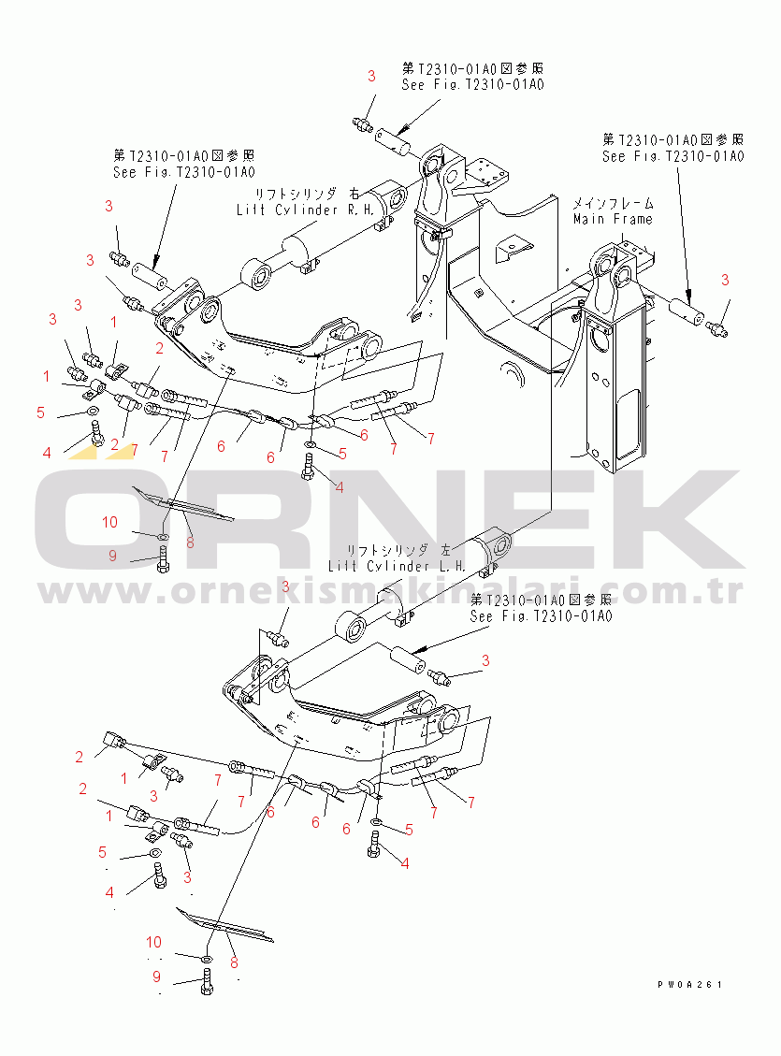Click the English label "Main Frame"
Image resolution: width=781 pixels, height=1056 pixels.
click(x=613, y=219)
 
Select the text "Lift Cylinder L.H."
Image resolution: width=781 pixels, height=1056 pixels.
click(x=397, y=566)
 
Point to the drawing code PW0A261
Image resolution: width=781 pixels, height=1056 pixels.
click(x=689, y=985)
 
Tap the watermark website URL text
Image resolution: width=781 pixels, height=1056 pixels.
click(x=390, y=593)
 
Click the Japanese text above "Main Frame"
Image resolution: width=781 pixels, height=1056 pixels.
click(x=613, y=203)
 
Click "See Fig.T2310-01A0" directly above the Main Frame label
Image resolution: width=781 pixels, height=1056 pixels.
click(x=673, y=156)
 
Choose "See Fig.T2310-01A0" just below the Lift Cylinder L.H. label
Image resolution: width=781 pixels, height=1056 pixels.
click(x=542, y=616)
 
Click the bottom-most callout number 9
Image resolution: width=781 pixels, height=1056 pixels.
click(x=157, y=977)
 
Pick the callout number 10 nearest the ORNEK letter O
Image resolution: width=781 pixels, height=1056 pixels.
click(x=109, y=522)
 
